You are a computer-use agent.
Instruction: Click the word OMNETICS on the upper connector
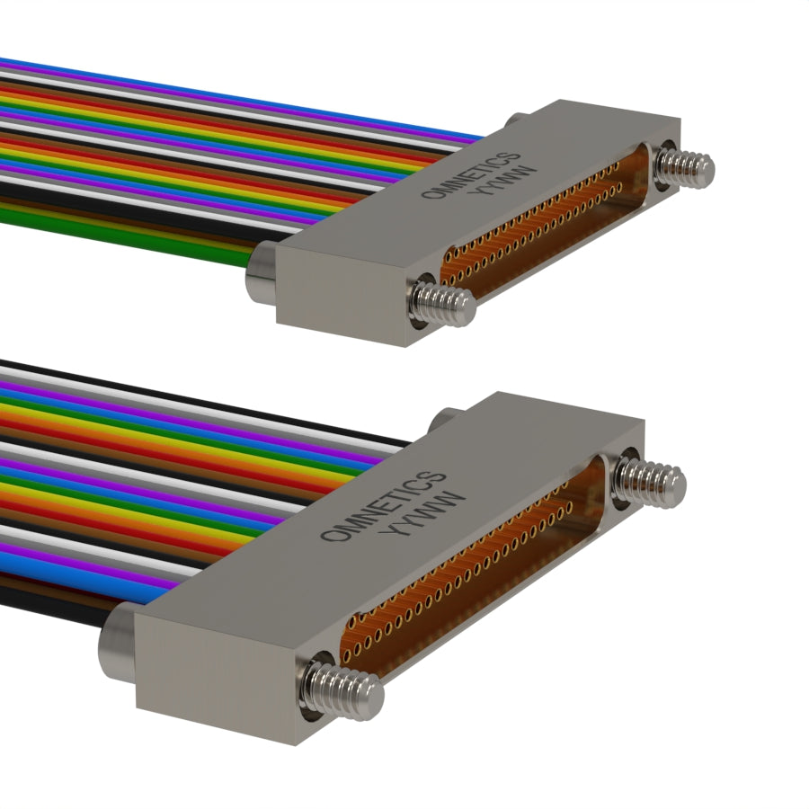[470, 175]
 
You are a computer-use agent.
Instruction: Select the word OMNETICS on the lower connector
[383, 505]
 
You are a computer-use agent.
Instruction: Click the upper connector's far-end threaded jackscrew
[686, 165]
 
